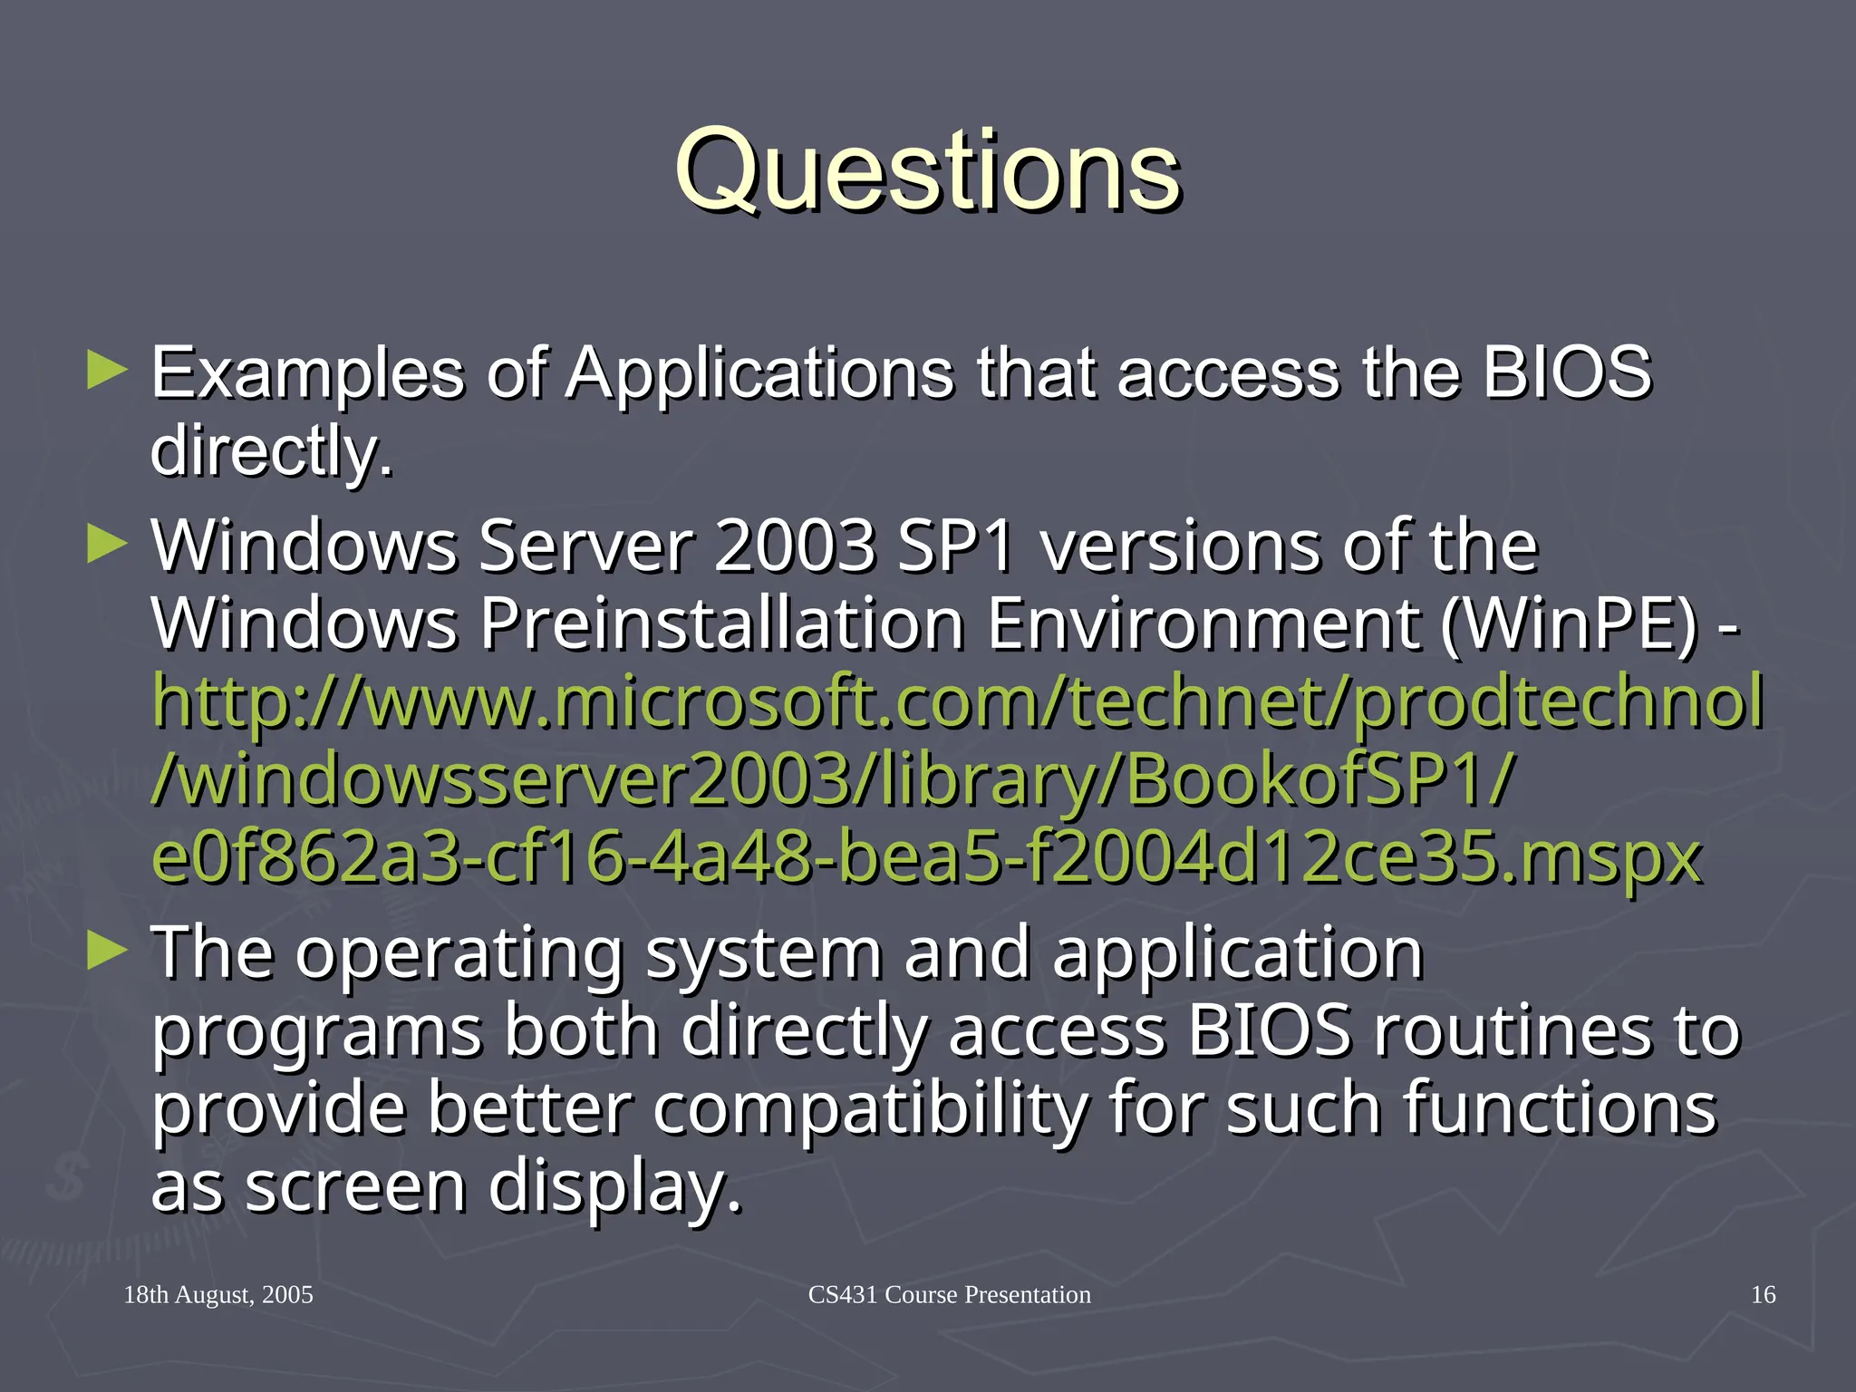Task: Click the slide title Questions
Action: pos(927,170)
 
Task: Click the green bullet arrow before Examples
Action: pos(107,372)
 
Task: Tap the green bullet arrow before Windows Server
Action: pos(107,546)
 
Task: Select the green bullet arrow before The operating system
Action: pos(107,952)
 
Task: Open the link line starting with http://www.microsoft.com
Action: pos(957,702)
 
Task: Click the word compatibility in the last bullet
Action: pos(870,1109)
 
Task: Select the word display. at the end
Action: pos(615,1187)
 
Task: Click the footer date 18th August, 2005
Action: pos(218,1295)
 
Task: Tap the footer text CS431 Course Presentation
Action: pos(949,1295)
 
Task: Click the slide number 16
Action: pos(1763,1295)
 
